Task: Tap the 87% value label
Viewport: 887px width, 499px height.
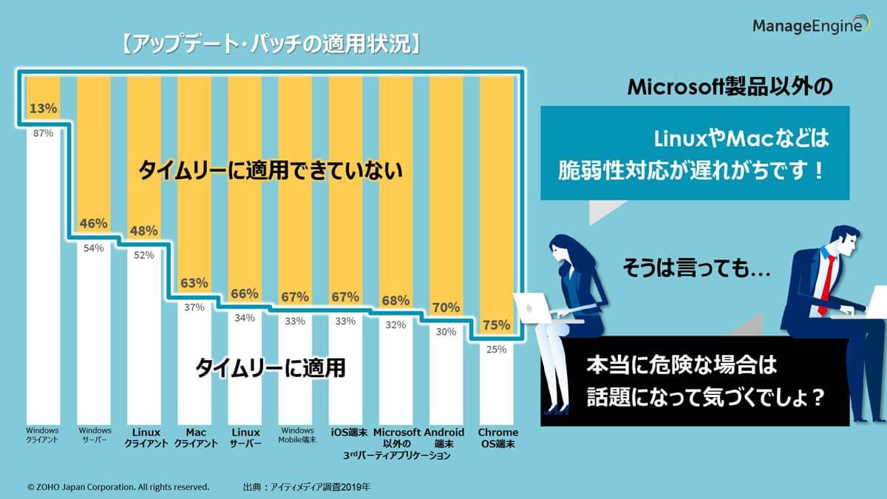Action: (x=44, y=133)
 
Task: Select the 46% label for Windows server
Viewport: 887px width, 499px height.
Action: (x=94, y=223)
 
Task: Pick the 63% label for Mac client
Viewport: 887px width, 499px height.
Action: (x=194, y=283)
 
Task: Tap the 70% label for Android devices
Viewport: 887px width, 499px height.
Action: (x=446, y=308)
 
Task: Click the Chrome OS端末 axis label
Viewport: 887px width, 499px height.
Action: (x=497, y=438)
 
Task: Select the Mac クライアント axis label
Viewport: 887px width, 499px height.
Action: (x=196, y=438)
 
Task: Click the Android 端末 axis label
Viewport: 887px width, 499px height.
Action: (x=444, y=438)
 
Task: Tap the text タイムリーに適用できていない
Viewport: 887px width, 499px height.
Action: (x=271, y=172)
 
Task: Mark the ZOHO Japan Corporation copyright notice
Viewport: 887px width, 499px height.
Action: (x=118, y=487)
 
